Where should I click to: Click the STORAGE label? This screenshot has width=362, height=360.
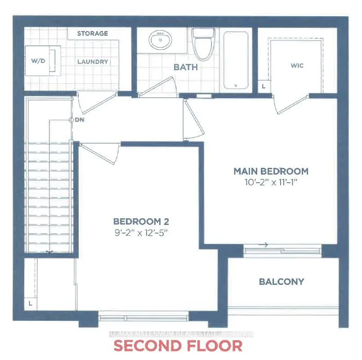pos(92,33)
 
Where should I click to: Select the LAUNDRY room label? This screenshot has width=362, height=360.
pos(92,62)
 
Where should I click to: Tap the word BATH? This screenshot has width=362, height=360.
pos(186,68)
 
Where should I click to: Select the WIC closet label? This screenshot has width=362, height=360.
pos(297,66)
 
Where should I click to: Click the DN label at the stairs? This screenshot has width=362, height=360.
pos(80,120)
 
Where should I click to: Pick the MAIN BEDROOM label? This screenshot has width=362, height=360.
pos(271,171)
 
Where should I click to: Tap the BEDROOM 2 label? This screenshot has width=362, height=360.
pos(141,221)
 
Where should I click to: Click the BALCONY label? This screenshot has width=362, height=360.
pos(282,282)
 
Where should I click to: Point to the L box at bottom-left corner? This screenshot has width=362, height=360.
pos(31,303)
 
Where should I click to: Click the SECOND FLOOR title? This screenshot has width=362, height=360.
pos(178,346)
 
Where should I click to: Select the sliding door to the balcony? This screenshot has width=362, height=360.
pos(282,250)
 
